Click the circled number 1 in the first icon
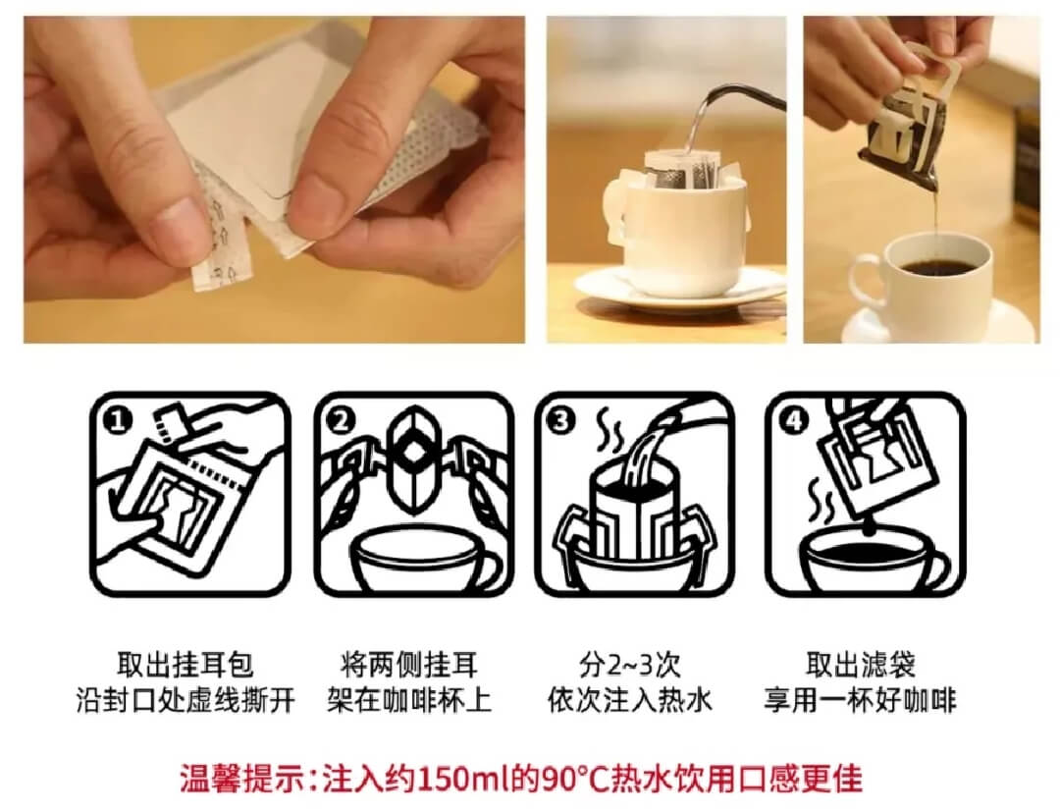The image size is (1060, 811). coord(117,422)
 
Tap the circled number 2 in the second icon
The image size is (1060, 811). coord(341,421)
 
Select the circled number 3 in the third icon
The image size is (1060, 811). coord(561,421)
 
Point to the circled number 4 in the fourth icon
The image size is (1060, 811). coord(793,421)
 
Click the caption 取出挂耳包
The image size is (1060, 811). coord(185,665)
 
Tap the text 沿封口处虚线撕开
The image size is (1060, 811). coord(185,700)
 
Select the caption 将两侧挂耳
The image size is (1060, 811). coord(409,665)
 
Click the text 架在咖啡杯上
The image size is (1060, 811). coord(409,700)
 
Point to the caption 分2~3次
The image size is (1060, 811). coord(629,665)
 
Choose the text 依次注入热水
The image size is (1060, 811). coord(629,700)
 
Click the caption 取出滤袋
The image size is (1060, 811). coord(861,665)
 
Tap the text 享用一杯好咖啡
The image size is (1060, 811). coord(861,700)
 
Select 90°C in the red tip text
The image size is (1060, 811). coord(576,779)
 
